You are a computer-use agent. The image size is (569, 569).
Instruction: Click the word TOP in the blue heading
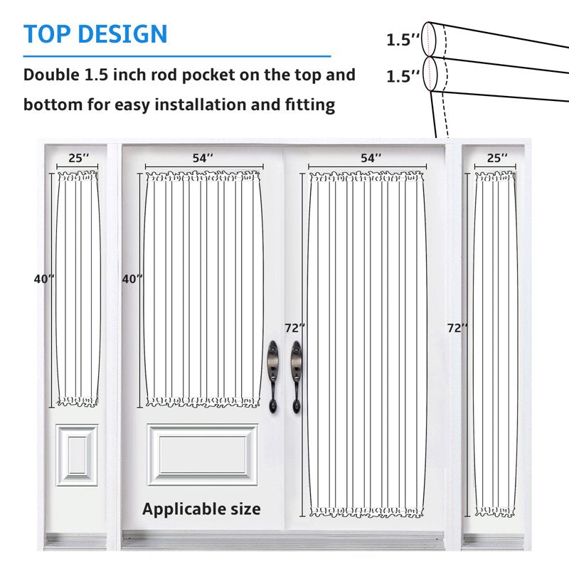tap(47, 34)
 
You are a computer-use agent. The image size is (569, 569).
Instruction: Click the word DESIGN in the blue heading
tap(122, 34)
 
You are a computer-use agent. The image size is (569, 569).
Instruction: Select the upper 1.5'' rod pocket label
tap(403, 40)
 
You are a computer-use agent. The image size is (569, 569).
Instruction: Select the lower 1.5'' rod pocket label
tap(403, 77)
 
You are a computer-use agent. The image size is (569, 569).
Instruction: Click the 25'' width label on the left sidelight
tap(79, 158)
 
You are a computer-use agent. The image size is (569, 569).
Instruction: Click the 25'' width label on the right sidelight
tap(496, 158)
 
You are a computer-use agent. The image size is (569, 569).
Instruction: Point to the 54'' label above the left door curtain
tap(203, 158)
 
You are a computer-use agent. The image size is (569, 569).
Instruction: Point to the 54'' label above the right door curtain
tap(371, 158)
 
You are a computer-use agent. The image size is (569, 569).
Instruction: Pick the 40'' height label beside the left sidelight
tap(44, 279)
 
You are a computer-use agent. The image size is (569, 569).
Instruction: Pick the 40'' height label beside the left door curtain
tap(132, 279)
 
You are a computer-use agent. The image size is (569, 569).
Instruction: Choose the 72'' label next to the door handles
tap(294, 328)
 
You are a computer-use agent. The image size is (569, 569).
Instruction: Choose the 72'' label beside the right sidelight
tap(457, 328)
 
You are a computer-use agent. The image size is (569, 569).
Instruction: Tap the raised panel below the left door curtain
tap(203, 454)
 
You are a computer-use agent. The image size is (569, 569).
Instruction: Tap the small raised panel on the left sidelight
tap(77, 455)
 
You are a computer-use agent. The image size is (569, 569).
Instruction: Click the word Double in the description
tap(51, 75)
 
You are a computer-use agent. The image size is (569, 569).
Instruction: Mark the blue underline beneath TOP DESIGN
tap(177, 56)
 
